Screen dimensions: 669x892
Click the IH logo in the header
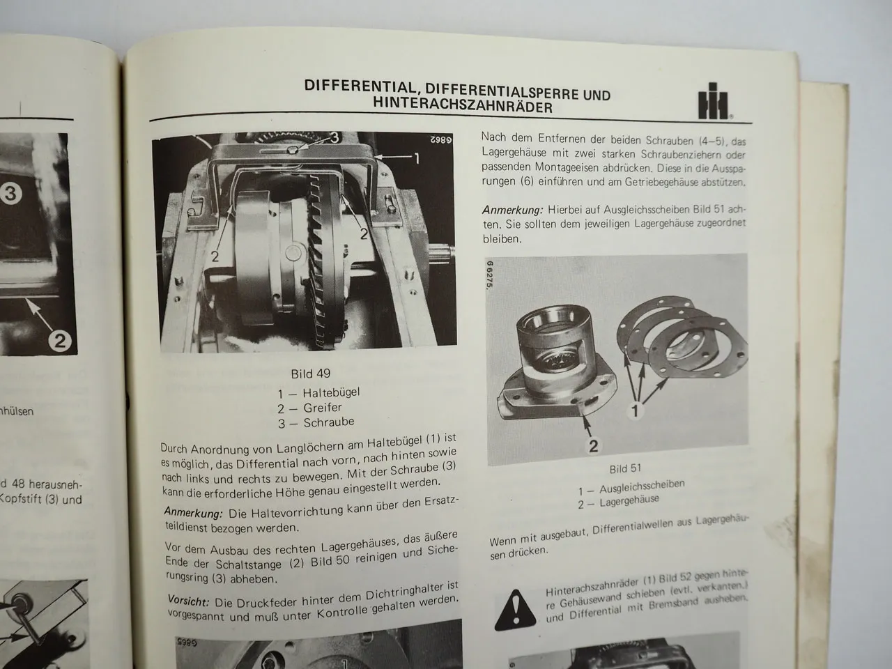click(714, 105)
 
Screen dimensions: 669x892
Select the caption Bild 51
click(625, 468)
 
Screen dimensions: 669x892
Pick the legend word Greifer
click(323, 408)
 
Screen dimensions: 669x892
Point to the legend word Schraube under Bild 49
click(329, 422)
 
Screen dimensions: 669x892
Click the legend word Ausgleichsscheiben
click(642, 484)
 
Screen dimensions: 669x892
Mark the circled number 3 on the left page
click(10, 194)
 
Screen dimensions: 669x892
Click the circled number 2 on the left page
click(59, 340)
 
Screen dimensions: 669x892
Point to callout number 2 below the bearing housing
click(593, 446)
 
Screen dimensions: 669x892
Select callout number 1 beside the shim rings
click(635, 412)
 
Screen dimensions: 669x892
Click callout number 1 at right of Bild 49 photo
click(416, 159)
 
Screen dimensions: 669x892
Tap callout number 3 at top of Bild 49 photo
click(334, 137)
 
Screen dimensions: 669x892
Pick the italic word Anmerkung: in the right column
click(512, 210)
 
